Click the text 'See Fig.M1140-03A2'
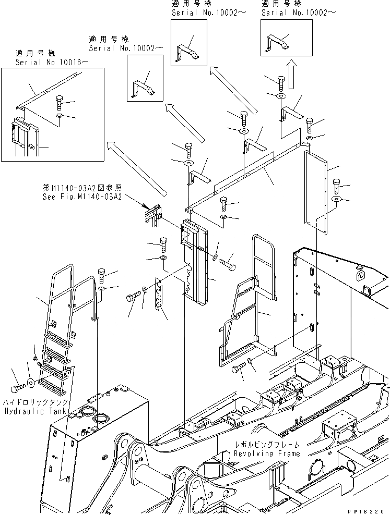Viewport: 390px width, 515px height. pos(82,197)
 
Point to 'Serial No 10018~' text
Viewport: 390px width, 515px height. pos(52,62)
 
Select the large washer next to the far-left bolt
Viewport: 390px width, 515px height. pos(32,383)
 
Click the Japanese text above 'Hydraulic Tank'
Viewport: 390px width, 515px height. pos(36,402)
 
